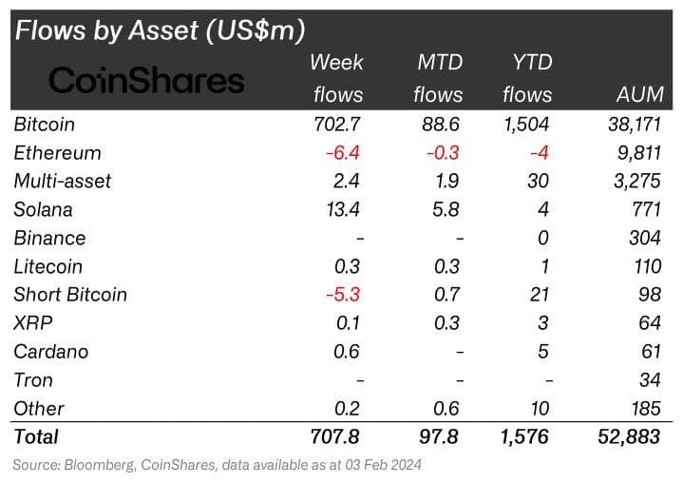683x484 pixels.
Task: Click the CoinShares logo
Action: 146,80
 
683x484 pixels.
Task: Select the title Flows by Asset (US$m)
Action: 160,30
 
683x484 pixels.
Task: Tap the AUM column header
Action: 639,94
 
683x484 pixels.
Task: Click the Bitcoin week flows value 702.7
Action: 337,125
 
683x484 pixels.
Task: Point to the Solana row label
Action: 44,209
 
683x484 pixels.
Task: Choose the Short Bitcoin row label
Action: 71,295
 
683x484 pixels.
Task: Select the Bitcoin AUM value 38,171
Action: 633,125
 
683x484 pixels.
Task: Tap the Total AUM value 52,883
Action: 632,436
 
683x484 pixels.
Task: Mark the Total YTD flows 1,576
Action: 522,436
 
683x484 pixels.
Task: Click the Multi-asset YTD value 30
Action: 539,181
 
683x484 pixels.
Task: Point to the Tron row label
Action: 34,380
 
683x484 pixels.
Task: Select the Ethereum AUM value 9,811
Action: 638,153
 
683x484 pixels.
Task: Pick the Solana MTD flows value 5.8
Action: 447,209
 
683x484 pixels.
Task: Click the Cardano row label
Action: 51,352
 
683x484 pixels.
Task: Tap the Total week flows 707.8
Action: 334,436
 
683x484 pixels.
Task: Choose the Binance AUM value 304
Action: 646,238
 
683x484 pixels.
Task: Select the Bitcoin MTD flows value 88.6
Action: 443,125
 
